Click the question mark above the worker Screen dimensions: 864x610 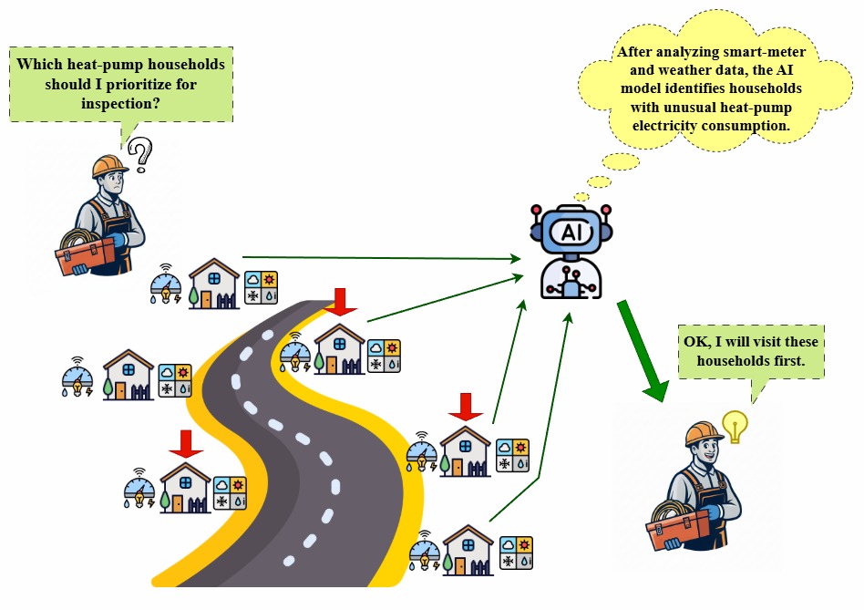click(141, 153)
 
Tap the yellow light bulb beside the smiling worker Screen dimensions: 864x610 click(735, 426)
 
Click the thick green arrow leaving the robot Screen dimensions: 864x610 click(643, 351)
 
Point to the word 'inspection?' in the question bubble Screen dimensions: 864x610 click(120, 104)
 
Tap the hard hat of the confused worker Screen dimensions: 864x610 click(109, 166)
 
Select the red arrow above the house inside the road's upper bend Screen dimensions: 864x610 click(340, 302)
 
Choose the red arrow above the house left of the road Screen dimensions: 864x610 click(186, 444)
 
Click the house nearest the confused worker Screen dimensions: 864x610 click(214, 284)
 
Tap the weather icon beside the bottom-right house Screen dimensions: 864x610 click(517, 553)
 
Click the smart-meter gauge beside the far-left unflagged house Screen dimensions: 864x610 click(77, 377)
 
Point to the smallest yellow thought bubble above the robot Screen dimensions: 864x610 click(581, 197)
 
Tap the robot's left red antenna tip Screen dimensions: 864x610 click(537, 210)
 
